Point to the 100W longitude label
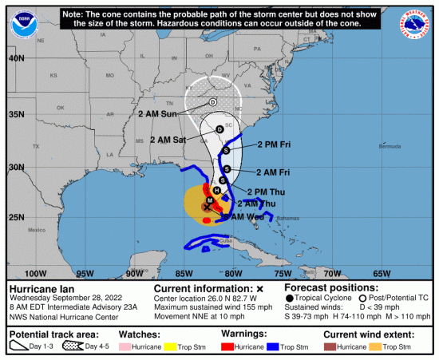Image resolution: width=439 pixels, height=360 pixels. [x=35, y=273]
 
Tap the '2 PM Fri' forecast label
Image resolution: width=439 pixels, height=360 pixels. [x=274, y=145]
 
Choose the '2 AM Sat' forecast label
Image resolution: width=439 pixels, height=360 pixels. [x=168, y=139]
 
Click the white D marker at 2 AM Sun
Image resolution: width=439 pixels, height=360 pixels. [x=213, y=102]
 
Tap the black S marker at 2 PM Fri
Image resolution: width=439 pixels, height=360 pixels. [x=226, y=151]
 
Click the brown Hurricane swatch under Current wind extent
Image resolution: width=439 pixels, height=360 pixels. [x=330, y=349]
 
